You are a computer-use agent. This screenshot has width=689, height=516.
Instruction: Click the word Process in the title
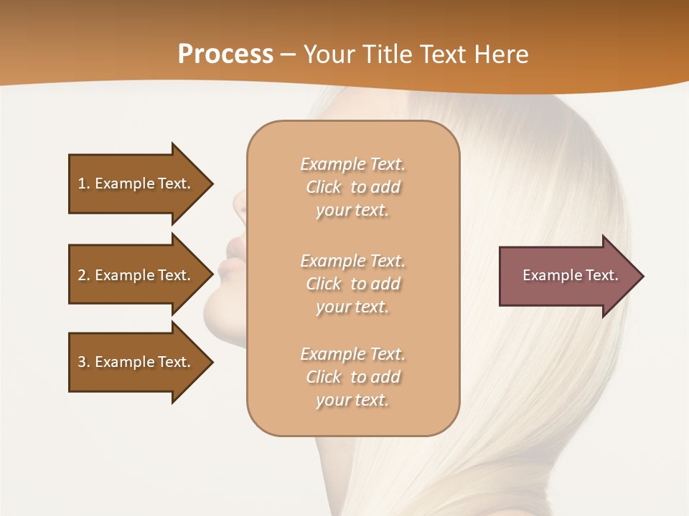pos(225,54)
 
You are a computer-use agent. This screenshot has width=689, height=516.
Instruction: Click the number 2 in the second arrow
pos(82,275)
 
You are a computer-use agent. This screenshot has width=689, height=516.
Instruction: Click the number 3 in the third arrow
pos(82,362)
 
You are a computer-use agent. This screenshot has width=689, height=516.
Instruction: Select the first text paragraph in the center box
pos(352,187)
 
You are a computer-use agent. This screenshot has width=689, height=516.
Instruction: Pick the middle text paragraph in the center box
pos(352,284)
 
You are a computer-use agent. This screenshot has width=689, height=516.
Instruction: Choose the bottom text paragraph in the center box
pos(352,377)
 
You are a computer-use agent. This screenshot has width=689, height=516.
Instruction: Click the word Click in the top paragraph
pos(324,187)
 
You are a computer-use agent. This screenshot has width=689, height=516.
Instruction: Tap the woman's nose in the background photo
pos(237,204)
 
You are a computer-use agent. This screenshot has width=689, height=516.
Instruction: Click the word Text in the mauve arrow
pos(602,275)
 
